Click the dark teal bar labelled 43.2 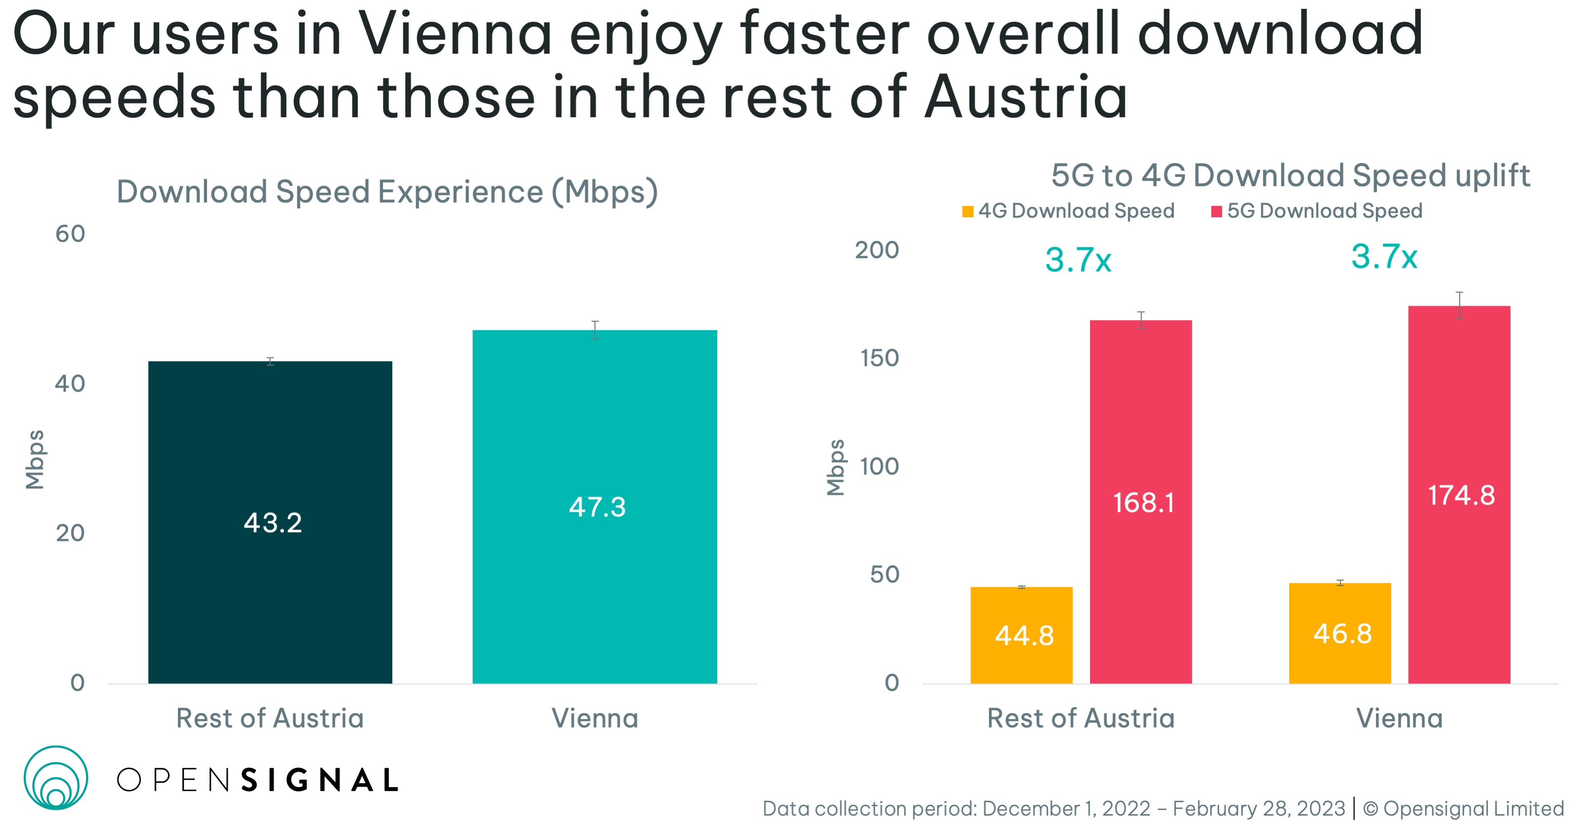coord(270,522)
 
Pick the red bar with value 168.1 coord(1140,501)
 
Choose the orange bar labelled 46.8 coord(1339,633)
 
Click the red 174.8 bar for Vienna coord(1459,494)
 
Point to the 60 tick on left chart coord(70,234)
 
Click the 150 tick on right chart coord(879,358)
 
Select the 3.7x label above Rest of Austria coord(1077,260)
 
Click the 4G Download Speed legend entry coord(1068,210)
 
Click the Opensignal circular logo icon coord(56,777)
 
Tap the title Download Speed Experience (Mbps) coord(387,192)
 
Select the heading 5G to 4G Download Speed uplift coord(1290,176)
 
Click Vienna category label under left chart coord(594,718)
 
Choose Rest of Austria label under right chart coord(1081,718)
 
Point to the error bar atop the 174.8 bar coord(1459,305)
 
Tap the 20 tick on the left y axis coord(70,533)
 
